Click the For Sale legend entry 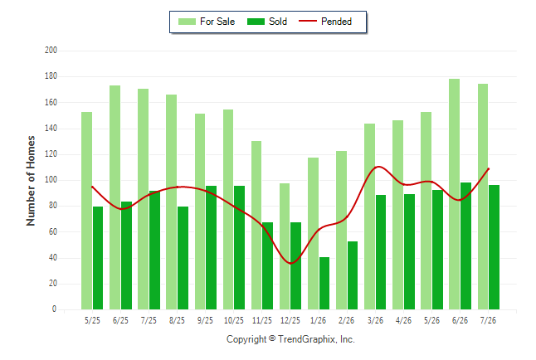click(207, 22)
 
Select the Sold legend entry click(267, 22)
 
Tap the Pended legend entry click(325, 22)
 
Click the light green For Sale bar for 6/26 click(455, 194)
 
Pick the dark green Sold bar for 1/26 click(324, 284)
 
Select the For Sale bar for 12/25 click(285, 246)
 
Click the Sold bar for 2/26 click(353, 275)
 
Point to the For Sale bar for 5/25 click(87, 211)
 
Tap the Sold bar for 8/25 click(183, 258)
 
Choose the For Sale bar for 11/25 click(256, 226)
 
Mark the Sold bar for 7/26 click(494, 247)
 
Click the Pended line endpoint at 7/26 click(489, 169)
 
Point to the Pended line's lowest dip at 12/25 click(290, 263)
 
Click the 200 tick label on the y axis click(51, 51)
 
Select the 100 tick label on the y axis click(51, 180)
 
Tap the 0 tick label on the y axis click(54, 309)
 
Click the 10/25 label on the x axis click(234, 320)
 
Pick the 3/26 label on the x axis click(375, 320)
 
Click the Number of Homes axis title click(31, 181)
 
